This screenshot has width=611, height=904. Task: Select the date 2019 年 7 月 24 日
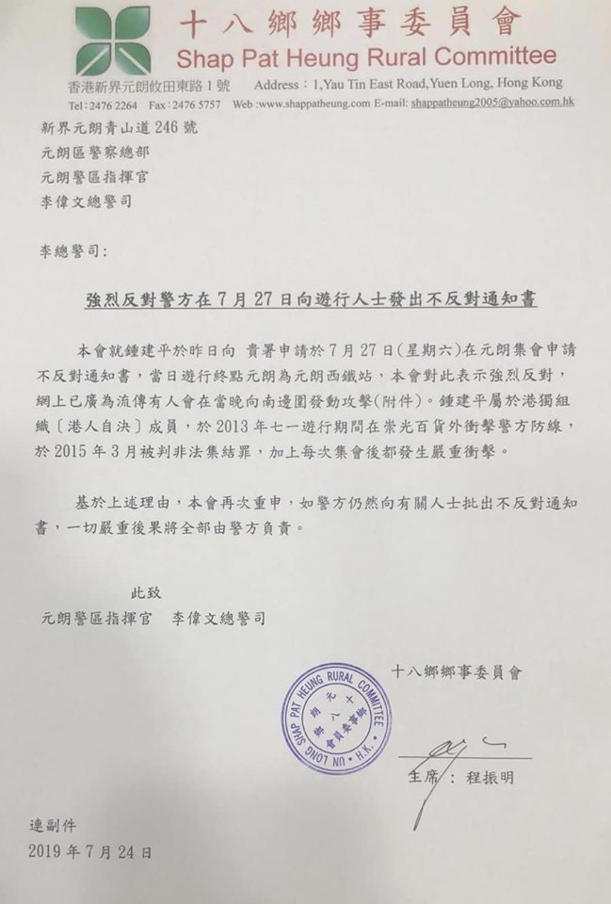pyautogui.click(x=89, y=851)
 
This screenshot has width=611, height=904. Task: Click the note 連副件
pyautogui.click(x=56, y=826)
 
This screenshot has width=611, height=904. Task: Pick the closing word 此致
pyautogui.click(x=146, y=593)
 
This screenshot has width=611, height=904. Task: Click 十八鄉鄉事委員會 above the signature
pyautogui.click(x=456, y=672)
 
